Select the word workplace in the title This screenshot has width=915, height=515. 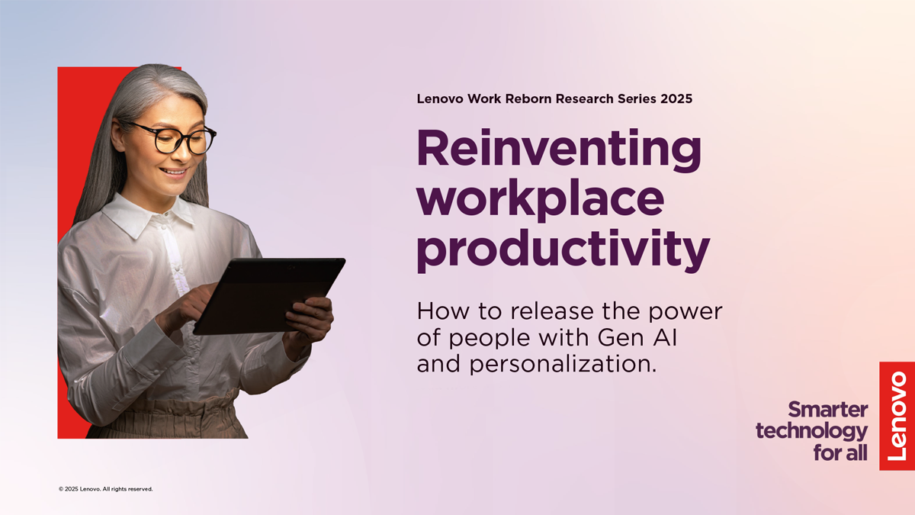pos(541,200)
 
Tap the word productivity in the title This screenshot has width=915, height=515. pos(563,250)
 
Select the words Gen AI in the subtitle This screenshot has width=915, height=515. pos(637,337)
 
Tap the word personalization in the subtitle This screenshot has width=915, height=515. pos(563,364)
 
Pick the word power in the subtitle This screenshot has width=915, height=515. pos(685,313)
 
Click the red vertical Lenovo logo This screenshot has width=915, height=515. pos(897,416)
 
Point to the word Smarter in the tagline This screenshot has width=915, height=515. pos(828,410)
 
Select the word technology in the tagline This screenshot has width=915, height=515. pos(811,432)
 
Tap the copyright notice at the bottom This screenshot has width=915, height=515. pos(106,489)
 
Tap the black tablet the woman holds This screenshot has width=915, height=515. pos(270,296)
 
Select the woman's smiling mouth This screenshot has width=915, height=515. pos(175,172)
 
